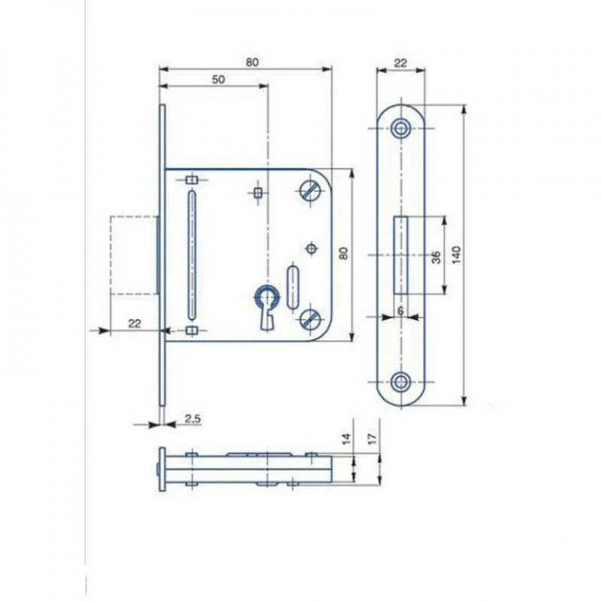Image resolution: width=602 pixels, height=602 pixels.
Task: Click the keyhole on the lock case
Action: coord(265,306)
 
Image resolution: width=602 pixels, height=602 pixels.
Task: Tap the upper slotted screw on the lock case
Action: coord(309,190)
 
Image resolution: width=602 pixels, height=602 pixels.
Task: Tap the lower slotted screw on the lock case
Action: coord(309,318)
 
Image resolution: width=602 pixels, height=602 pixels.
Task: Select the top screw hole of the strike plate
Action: coord(401,128)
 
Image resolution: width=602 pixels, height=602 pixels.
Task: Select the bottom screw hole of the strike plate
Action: coord(401,382)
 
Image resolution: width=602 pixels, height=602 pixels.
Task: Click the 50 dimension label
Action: coord(218,80)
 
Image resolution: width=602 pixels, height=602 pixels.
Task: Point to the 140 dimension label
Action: coord(456,254)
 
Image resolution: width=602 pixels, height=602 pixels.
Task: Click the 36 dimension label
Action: coord(436,257)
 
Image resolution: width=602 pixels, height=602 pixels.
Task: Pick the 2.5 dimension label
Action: coord(193,418)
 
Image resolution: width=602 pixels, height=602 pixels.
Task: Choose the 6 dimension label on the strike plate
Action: coord(400,310)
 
